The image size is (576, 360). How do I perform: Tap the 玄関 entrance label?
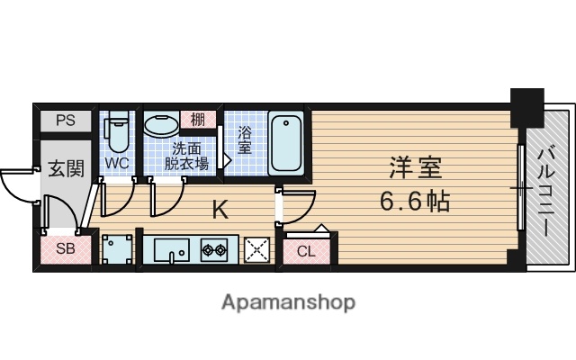[66, 168]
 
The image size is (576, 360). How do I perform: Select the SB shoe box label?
[65, 249]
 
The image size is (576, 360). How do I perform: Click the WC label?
[116, 164]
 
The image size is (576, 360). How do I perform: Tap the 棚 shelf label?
[196, 119]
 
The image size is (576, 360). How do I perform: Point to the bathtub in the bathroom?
[285, 141]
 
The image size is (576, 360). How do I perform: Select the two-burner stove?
[216, 249]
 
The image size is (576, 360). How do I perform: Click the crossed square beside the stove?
[258, 249]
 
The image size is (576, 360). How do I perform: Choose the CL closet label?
[306, 251]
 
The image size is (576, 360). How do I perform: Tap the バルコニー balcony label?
[545, 193]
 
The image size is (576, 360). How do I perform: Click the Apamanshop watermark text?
[287, 301]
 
